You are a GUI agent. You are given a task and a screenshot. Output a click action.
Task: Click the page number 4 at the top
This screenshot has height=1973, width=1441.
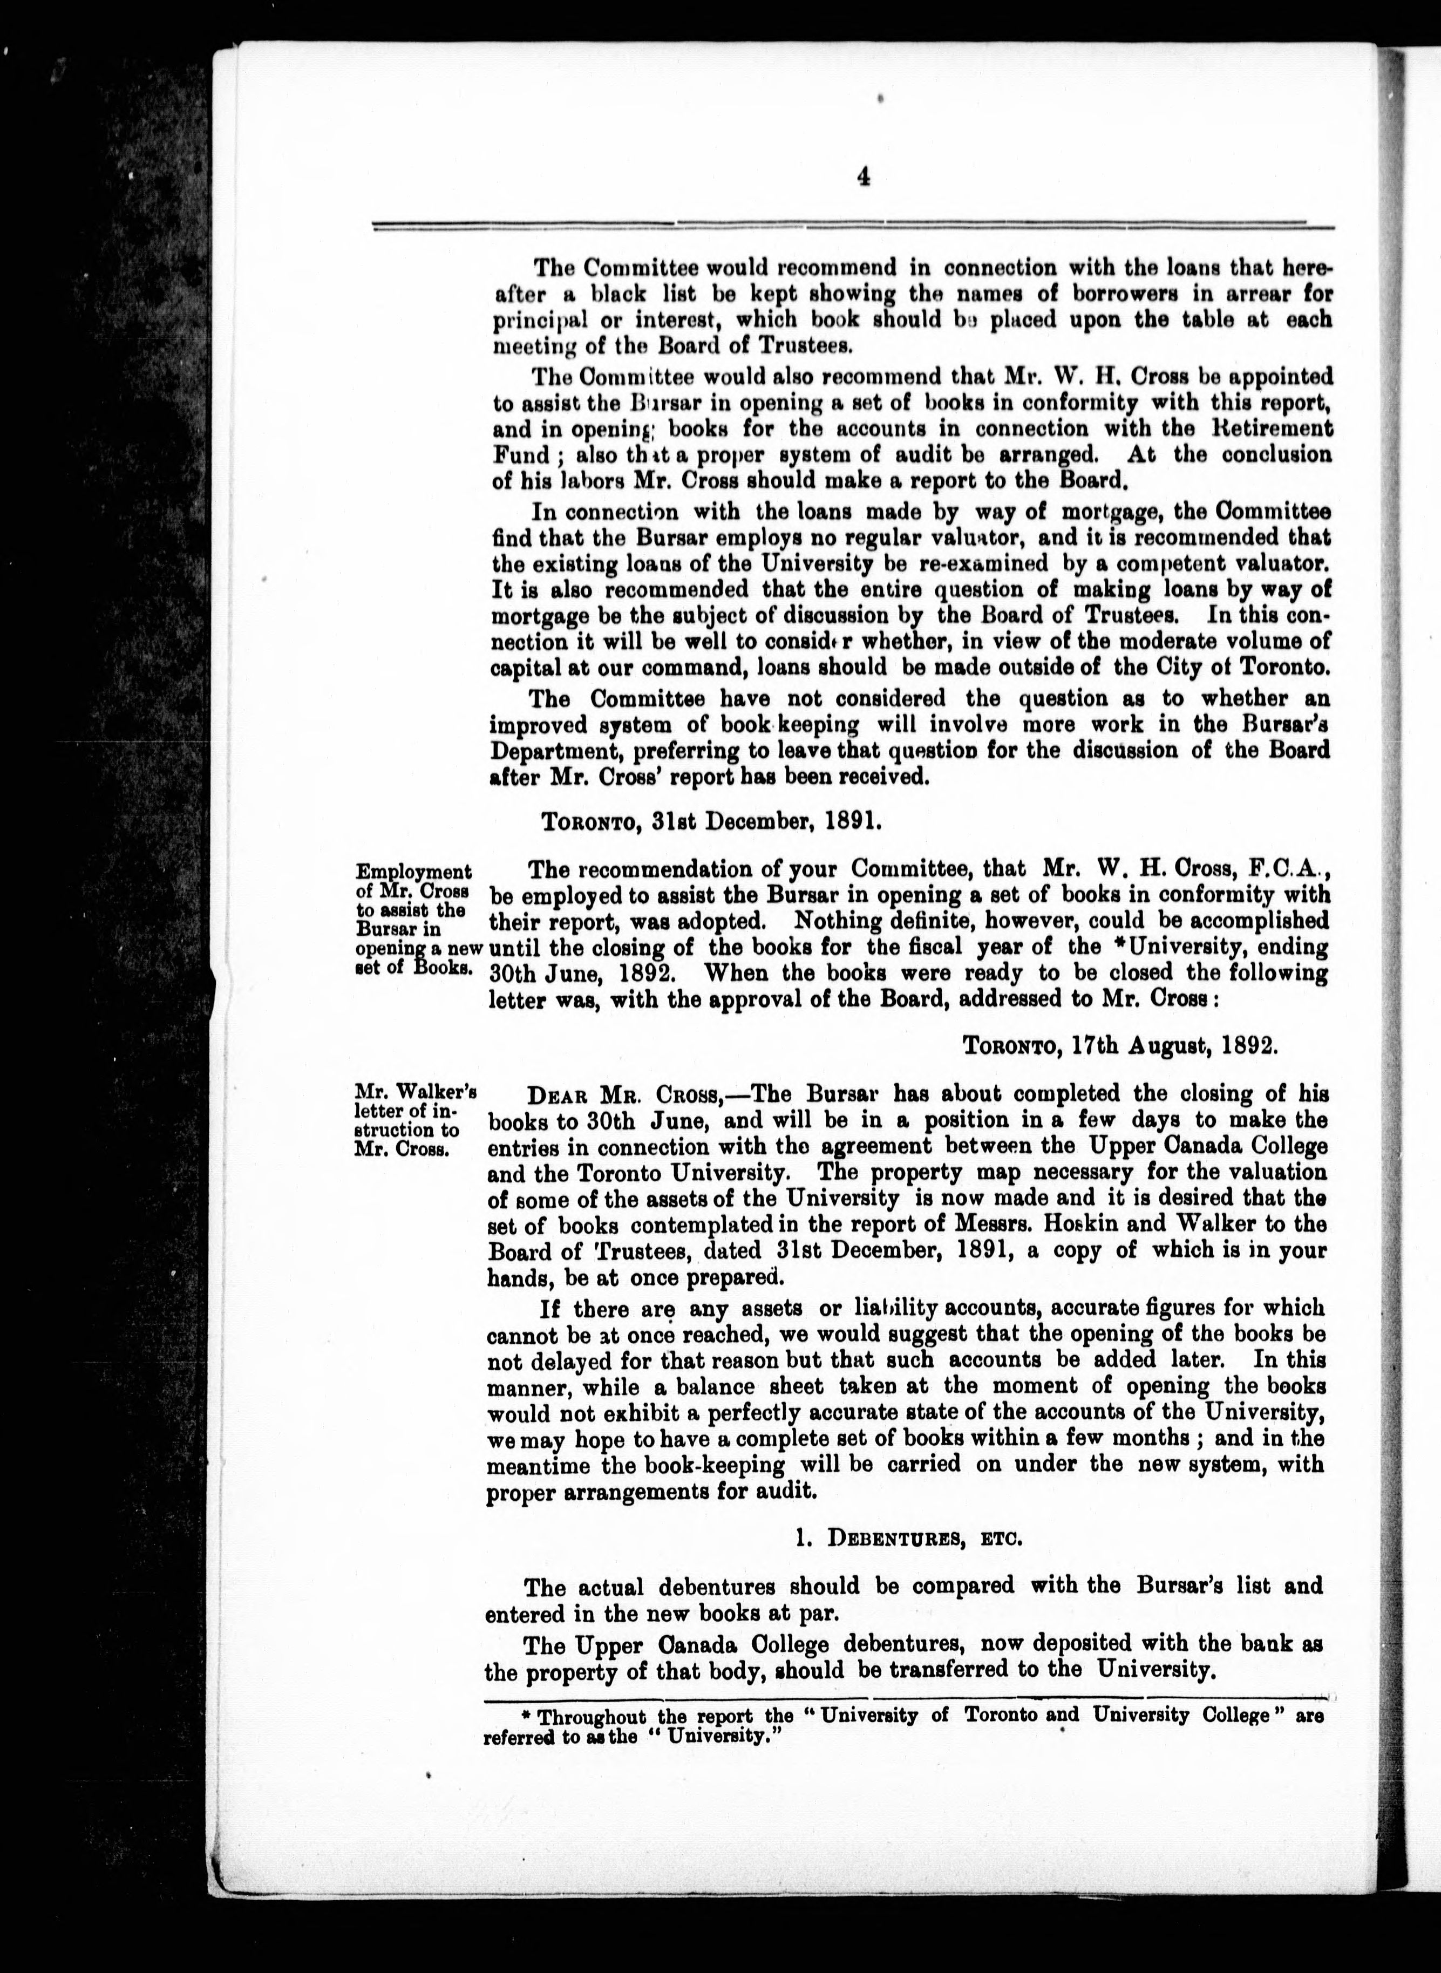(x=864, y=178)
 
